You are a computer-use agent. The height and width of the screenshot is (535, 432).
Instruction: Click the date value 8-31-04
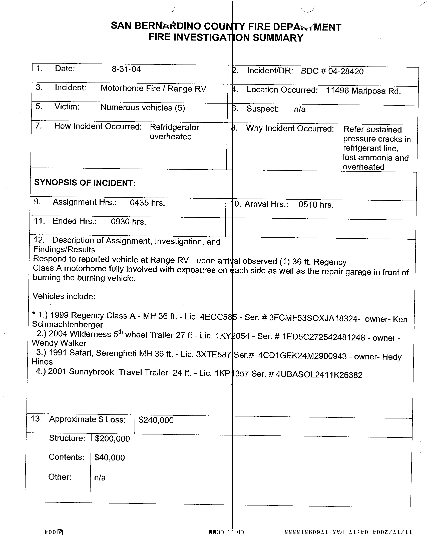tap(126, 69)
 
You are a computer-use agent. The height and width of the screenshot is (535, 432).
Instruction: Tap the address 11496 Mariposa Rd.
tap(363, 91)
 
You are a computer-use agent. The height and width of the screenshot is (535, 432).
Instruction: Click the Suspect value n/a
tap(300, 109)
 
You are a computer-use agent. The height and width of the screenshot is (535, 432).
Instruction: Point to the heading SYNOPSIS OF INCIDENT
tap(85, 183)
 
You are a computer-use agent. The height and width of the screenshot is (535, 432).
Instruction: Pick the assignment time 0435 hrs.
tap(147, 203)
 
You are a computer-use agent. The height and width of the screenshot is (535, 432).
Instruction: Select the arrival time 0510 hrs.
tap(316, 205)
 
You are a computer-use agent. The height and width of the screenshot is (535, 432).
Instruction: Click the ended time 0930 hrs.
tap(128, 222)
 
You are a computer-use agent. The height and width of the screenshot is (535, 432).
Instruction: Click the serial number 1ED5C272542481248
tap(323, 337)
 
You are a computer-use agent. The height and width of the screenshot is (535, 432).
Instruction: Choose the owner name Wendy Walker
tap(59, 343)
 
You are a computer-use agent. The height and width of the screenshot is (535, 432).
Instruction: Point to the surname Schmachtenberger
tap(68, 325)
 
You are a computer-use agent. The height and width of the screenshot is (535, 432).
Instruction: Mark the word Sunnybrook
tap(91, 372)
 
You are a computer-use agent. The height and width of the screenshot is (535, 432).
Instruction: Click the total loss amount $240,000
tap(156, 420)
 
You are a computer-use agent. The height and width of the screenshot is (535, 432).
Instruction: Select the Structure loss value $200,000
tap(112, 439)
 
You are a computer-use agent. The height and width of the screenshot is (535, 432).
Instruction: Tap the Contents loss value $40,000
tap(110, 458)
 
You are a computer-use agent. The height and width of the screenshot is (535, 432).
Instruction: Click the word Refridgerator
tap(174, 127)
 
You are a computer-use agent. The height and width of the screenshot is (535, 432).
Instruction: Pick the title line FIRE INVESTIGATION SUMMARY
tap(226, 38)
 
